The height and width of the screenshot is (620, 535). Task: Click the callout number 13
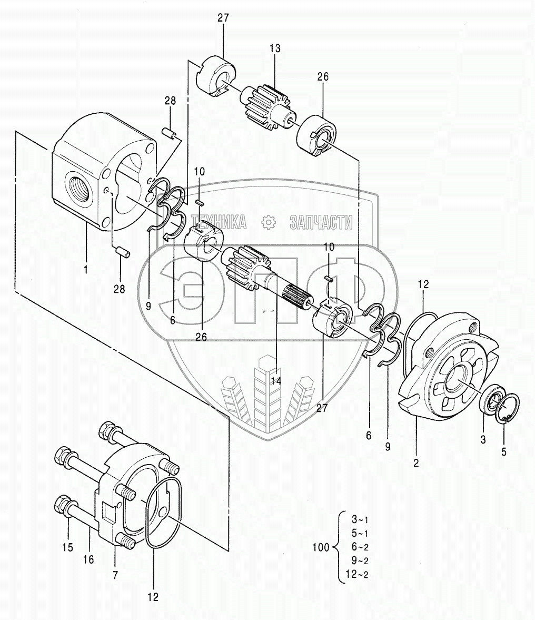[x=274, y=48]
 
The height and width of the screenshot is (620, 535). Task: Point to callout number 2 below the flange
[x=416, y=463]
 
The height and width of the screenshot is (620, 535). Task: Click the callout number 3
[x=483, y=438]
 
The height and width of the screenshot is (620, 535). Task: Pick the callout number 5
[x=504, y=451]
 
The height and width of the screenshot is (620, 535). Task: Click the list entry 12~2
[x=357, y=574]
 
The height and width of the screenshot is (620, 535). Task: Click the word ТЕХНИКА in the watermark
[x=219, y=223]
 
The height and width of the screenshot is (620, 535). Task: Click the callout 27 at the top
[x=223, y=17]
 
